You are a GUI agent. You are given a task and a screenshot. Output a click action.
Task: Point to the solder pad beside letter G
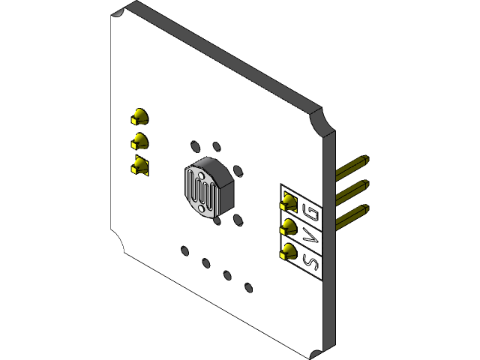coord(289,202)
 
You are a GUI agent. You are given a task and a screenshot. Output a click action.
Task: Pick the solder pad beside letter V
coord(289,227)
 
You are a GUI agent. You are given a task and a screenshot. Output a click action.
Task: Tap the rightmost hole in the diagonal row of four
coord(248,286)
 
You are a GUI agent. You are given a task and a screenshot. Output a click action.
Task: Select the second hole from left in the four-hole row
coord(205,262)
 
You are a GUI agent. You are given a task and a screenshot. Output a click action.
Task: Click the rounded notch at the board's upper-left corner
coord(120,15)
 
